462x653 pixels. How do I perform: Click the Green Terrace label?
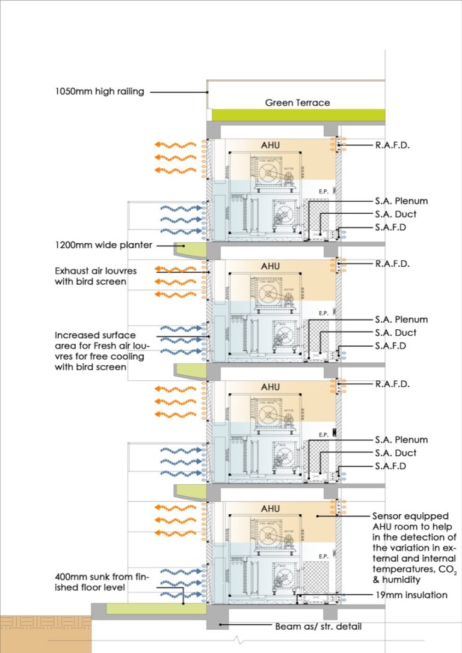pos(297,103)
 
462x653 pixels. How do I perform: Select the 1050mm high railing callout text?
pos(99,92)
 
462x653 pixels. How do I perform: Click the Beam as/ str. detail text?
pos(318,626)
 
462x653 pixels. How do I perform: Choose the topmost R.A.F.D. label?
pos(392,144)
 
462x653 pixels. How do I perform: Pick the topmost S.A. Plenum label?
pos(401,201)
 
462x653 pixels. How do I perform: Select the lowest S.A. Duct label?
pos(395,453)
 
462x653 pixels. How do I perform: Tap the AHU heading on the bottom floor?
pos(270,509)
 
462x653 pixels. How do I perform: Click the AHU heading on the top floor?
pos(270,146)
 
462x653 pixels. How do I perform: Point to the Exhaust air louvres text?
pos(96,271)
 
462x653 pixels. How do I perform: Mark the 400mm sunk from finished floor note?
pos(100,582)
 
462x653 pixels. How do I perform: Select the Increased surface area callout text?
pos(96,351)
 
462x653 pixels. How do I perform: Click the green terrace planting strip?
pos(297,114)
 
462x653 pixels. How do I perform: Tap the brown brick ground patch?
pos(45,634)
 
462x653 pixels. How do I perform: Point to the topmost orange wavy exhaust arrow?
pos(174,145)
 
